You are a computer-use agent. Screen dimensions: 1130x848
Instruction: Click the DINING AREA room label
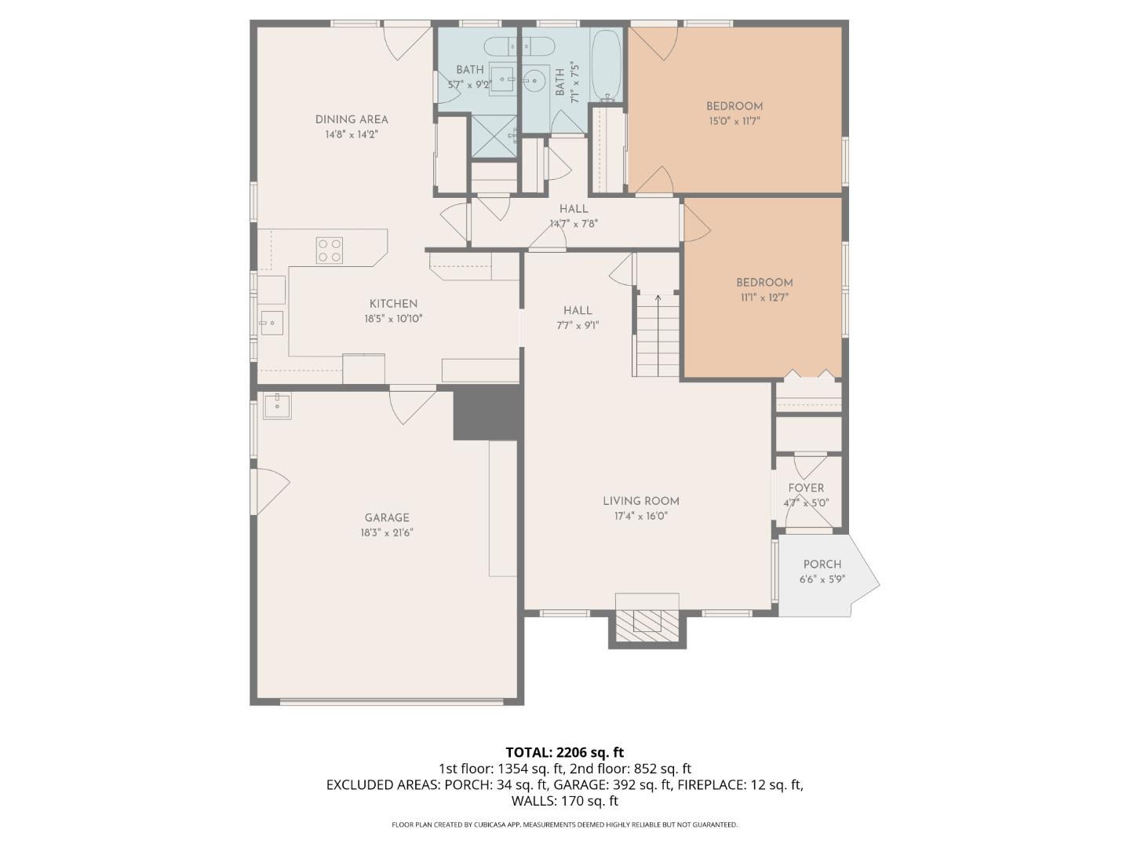[x=352, y=119]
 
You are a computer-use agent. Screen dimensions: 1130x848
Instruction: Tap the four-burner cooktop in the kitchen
[x=330, y=250]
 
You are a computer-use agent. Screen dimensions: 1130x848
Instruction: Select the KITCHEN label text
[x=393, y=304]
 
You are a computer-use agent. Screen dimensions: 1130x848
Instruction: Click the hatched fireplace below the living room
[x=647, y=626]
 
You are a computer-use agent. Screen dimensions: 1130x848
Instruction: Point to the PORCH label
[x=822, y=565]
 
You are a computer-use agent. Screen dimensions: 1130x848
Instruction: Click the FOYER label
[x=806, y=488]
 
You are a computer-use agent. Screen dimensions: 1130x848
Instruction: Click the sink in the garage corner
[x=278, y=405]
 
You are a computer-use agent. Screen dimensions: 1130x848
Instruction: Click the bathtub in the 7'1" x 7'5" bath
[x=607, y=65]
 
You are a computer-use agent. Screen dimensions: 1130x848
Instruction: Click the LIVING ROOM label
[x=641, y=501]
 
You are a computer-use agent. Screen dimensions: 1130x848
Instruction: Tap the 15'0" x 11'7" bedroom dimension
[x=734, y=122]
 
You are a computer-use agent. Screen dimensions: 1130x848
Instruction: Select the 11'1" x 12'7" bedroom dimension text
[x=764, y=298]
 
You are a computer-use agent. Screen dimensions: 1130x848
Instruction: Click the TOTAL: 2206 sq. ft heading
[x=565, y=753]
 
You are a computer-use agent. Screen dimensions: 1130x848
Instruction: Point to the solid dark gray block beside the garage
[x=487, y=413]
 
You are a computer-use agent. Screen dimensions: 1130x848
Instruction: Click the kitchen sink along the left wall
[x=272, y=323]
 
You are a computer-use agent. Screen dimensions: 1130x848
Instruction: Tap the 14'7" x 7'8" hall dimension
[x=574, y=224]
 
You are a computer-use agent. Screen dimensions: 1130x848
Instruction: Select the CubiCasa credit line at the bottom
[x=565, y=824]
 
